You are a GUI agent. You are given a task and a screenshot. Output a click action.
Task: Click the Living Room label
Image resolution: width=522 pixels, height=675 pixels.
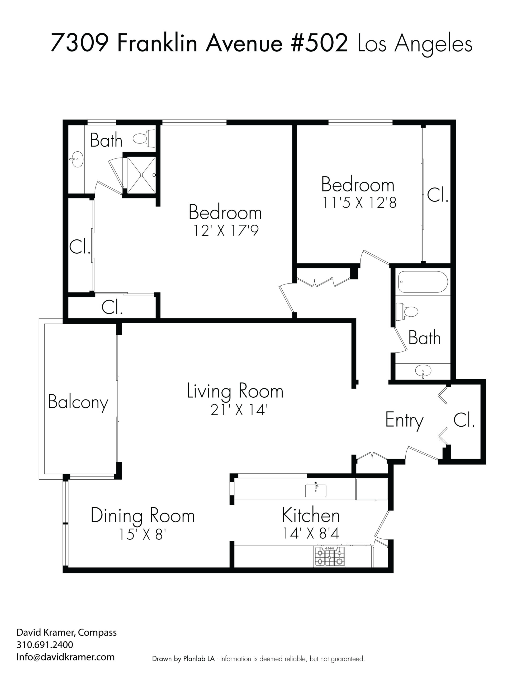click(235, 391)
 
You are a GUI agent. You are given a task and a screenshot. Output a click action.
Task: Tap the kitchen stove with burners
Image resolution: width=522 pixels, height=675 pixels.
click(329, 557)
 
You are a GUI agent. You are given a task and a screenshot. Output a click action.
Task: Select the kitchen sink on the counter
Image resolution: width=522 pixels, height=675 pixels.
click(315, 491)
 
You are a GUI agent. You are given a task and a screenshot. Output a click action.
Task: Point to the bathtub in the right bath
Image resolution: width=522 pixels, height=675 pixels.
click(423, 282)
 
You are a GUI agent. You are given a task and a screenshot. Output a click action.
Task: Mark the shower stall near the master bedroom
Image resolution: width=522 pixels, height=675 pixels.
click(141, 175)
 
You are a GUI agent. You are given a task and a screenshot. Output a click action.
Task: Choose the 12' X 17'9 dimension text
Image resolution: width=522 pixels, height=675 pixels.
click(226, 230)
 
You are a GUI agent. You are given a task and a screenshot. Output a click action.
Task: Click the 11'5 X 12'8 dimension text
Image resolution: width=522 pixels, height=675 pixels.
click(359, 203)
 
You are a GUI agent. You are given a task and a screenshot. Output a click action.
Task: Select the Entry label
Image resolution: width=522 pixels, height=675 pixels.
click(404, 420)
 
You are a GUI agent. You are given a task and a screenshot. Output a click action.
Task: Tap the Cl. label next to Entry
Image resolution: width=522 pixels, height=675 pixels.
click(464, 420)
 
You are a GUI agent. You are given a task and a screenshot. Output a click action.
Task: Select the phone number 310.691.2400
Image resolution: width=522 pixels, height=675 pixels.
click(45, 645)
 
